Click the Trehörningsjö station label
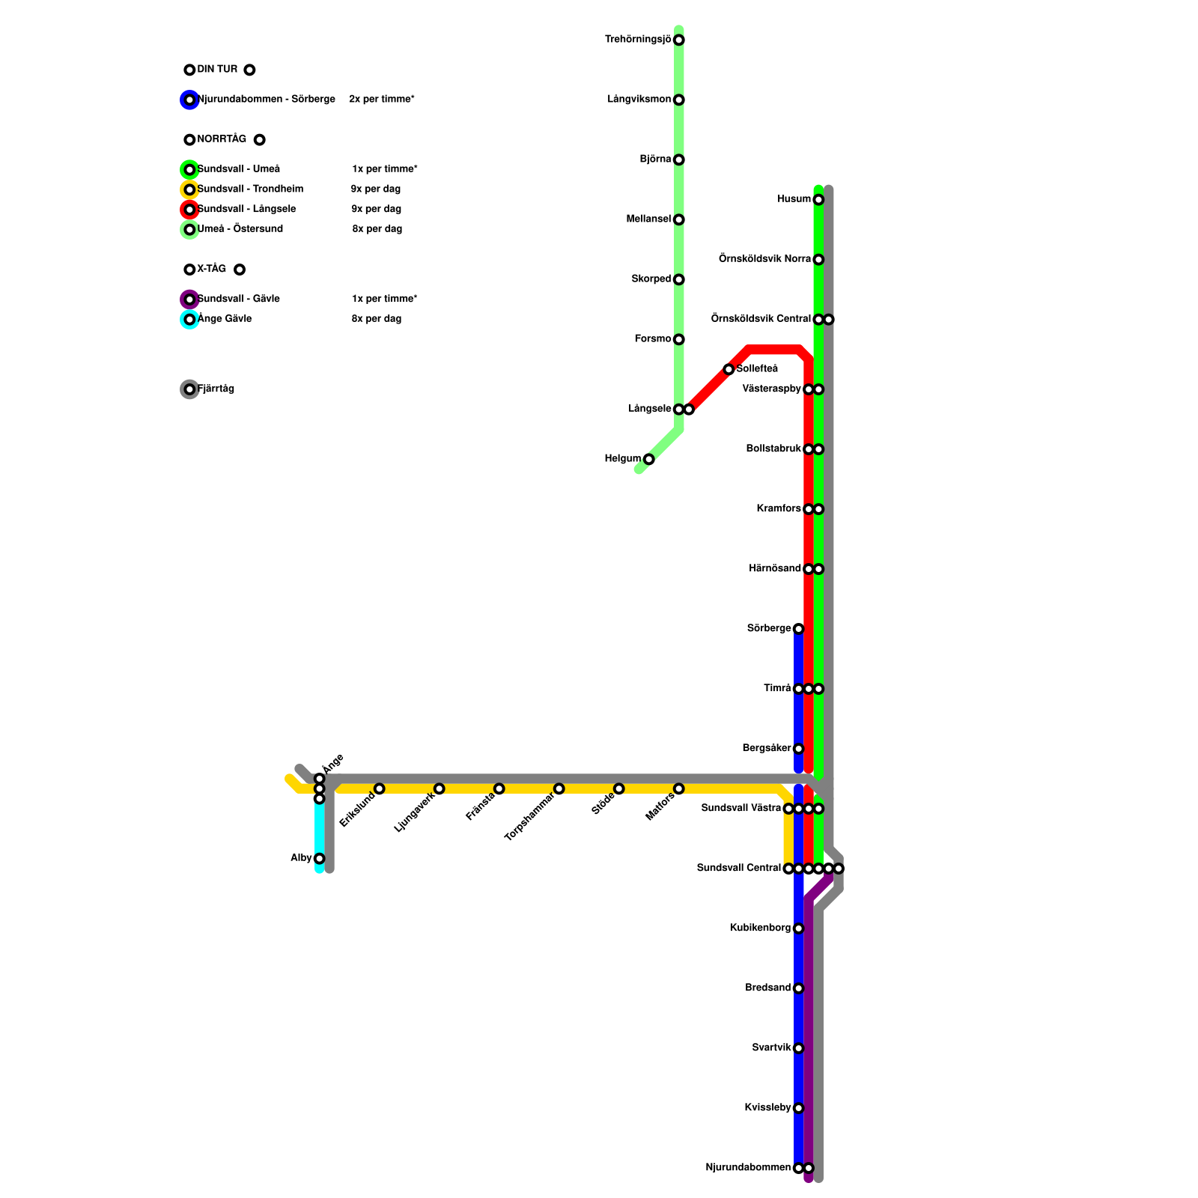(x=638, y=40)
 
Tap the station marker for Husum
(x=818, y=199)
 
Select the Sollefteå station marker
(x=729, y=369)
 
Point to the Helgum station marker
(x=648, y=459)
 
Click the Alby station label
(x=301, y=858)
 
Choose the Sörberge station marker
(x=798, y=629)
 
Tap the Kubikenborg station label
(x=760, y=928)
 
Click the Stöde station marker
(x=618, y=788)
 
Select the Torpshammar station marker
(x=559, y=788)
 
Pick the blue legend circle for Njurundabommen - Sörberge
(x=189, y=100)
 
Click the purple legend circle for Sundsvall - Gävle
(x=189, y=299)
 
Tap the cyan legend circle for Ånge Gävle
(x=189, y=320)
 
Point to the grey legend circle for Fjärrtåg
(x=189, y=389)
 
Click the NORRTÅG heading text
(x=222, y=139)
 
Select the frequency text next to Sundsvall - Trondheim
(x=376, y=189)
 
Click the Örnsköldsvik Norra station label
(x=764, y=259)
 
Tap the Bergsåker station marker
(x=798, y=749)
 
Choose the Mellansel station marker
(x=678, y=219)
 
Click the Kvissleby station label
(x=767, y=1108)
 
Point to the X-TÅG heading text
(x=211, y=269)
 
